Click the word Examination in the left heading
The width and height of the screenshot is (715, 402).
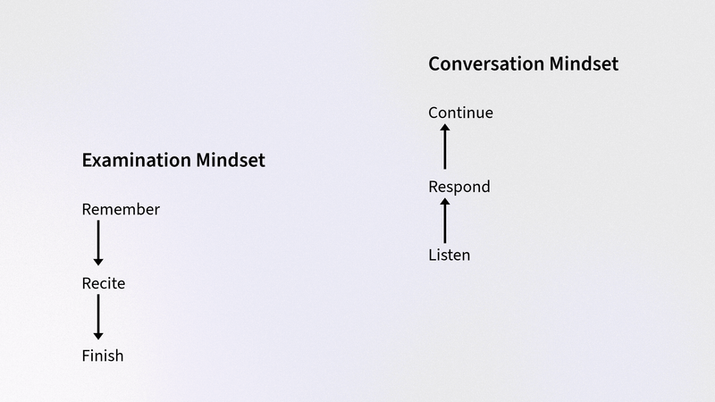(x=137, y=161)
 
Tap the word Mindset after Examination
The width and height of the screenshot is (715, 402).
(x=231, y=161)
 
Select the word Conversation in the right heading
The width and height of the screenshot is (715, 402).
(x=486, y=63)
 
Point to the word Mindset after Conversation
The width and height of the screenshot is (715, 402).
(x=584, y=63)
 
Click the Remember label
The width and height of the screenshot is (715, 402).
(x=121, y=209)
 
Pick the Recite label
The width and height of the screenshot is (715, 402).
(x=104, y=283)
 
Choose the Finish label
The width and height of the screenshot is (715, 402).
(x=103, y=356)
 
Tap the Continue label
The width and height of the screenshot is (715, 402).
(x=460, y=113)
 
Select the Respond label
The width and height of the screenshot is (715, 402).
(x=459, y=187)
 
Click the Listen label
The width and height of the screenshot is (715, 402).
(x=450, y=255)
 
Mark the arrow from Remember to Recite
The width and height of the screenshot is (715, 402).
(x=98, y=243)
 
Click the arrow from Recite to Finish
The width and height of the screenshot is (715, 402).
(x=98, y=317)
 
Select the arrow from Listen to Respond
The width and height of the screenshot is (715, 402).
(x=445, y=221)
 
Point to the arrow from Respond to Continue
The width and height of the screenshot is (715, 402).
(x=445, y=147)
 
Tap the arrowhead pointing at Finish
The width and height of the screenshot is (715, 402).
(x=98, y=337)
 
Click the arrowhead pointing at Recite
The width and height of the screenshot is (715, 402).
(x=98, y=263)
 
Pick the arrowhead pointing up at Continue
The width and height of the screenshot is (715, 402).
(x=445, y=127)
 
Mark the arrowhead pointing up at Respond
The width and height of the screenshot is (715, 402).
(x=445, y=202)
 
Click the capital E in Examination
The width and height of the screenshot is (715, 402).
(x=87, y=161)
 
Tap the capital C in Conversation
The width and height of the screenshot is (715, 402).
(x=434, y=63)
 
